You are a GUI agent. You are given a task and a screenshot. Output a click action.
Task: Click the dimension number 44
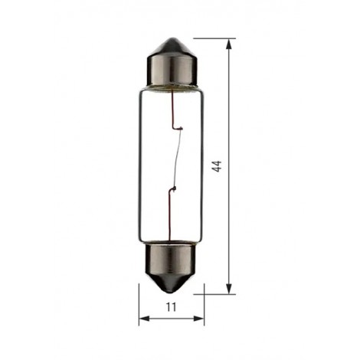coord(217,166)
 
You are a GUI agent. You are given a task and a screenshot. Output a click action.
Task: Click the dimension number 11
coord(172,307)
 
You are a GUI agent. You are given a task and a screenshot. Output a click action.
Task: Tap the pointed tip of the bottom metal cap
coord(172,293)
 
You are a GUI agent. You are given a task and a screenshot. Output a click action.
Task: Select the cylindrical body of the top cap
coord(172,70)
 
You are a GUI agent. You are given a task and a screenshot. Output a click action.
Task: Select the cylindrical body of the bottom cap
coord(172,259)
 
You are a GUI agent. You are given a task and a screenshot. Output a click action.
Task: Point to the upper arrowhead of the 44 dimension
coord(229,44)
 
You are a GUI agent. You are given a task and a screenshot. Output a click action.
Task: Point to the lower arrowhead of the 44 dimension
coord(229,289)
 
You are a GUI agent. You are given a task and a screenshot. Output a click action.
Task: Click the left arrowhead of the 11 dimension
coord(144,319)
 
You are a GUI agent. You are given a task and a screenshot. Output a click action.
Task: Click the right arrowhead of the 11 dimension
coord(199,319)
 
